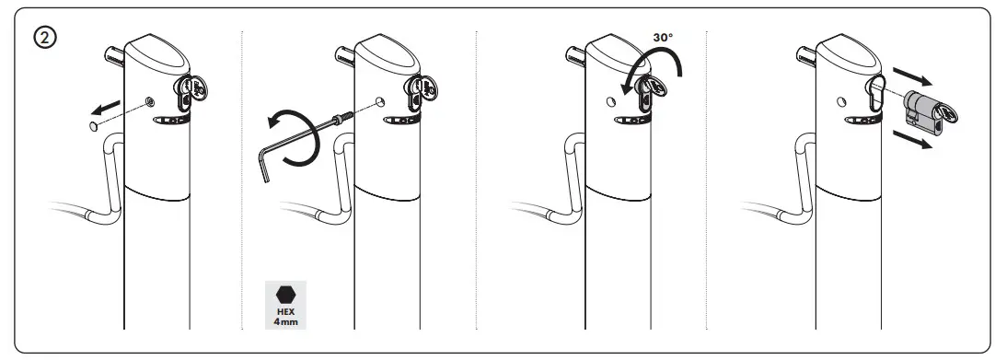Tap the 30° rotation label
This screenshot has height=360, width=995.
tap(663, 38)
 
